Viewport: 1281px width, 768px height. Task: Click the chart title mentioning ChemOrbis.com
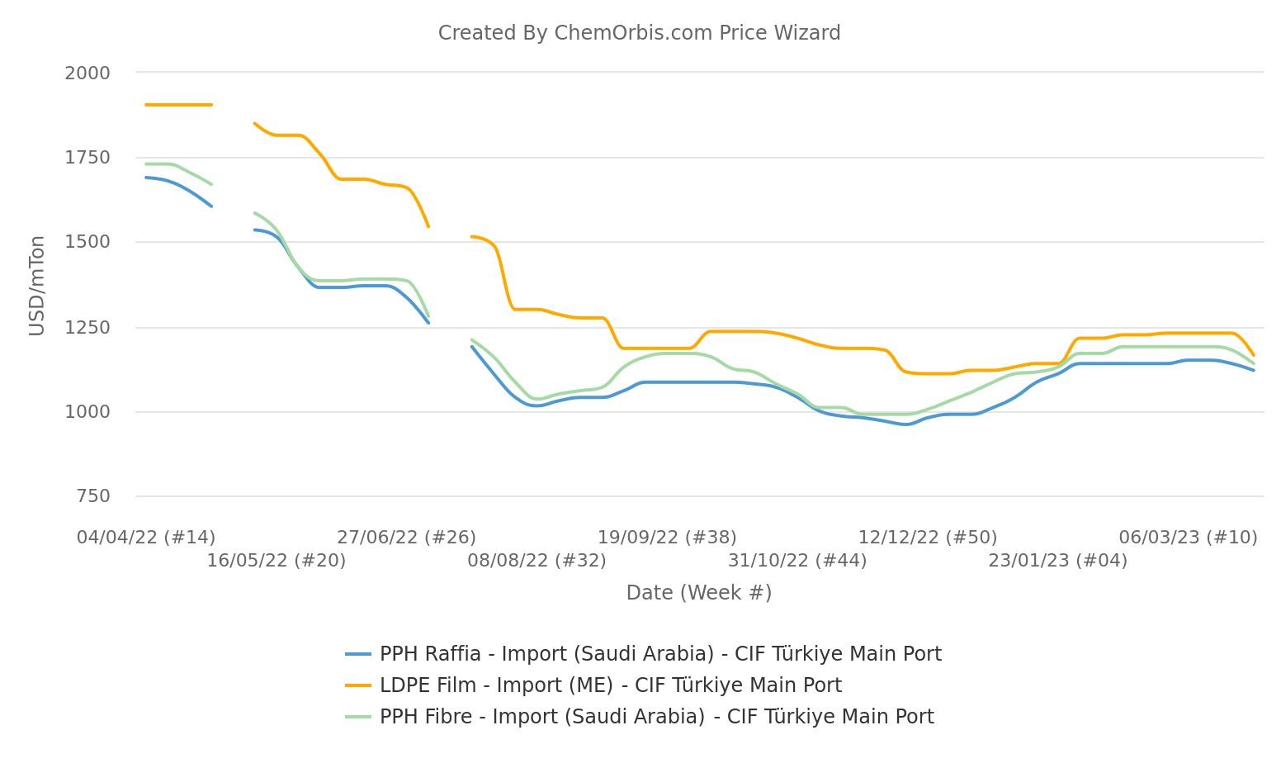(639, 33)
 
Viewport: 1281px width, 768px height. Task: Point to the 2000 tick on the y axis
(87, 73)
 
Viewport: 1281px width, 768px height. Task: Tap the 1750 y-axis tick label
(87, 157)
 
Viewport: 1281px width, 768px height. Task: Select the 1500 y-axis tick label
(87, 242)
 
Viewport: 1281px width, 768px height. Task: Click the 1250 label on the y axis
(87, 327)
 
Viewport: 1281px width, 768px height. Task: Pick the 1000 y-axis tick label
(87, 412)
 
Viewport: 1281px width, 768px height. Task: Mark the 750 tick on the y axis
(92, 496)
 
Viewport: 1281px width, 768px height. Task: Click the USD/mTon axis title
(36, 286)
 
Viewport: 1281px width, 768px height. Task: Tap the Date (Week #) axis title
(699, 593)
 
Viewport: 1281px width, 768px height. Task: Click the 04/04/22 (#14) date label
(146, 538)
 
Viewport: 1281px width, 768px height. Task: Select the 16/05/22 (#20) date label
(277, 561)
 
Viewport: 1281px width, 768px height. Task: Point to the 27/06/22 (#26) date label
(407, 538)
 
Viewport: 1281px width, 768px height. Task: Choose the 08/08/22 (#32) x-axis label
(537, 561)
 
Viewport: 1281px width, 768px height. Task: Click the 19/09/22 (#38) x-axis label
(667, 538)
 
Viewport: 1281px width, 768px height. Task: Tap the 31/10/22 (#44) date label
(797, 561)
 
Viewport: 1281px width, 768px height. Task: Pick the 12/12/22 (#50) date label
(928, 538)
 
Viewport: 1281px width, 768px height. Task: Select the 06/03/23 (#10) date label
(1189, 538)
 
